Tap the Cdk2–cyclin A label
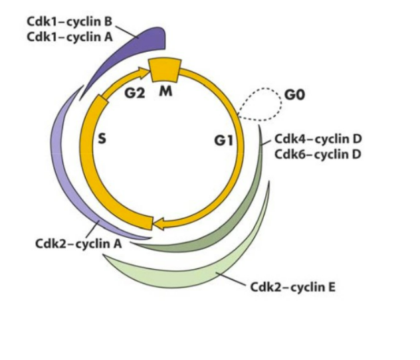coord(78,243)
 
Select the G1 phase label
coord(223,141)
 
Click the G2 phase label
coord(135,93)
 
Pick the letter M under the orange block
coord(165,91)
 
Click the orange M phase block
coord(164,68)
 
